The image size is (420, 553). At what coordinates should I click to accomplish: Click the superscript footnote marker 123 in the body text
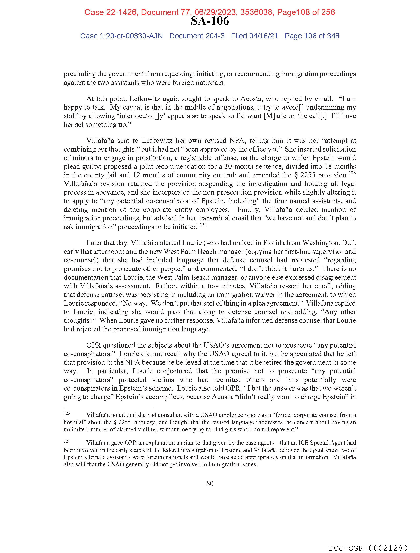[x=352, y=172]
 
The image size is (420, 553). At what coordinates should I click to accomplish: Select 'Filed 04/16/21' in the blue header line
[x=254, y=36]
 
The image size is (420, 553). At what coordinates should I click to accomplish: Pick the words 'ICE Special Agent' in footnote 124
[x=322, y=443]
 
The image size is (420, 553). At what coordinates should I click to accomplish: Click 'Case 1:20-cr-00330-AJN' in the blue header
[x=122, y=36]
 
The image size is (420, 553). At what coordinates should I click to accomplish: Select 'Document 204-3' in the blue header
[x=197, y=36]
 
